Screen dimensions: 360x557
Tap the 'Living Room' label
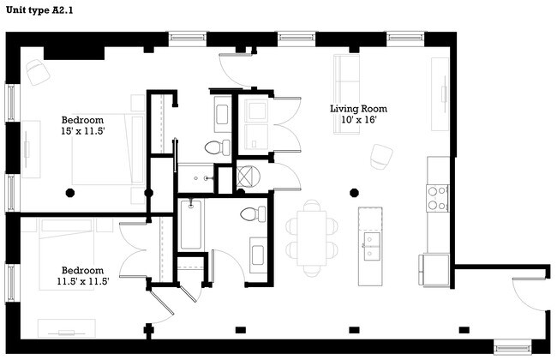click(359, 109)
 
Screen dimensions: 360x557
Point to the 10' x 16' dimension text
click(359, 121)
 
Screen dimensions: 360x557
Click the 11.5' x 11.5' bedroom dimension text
click(82, 281)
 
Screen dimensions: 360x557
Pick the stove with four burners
click(438, 198)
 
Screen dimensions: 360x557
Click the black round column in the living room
click(353, 191)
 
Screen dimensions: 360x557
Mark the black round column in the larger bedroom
click(74, 191)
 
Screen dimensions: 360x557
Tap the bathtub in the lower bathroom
click(191, 224)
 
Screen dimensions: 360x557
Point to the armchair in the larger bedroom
click(37, 72)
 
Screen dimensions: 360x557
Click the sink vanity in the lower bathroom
click(258, 252)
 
